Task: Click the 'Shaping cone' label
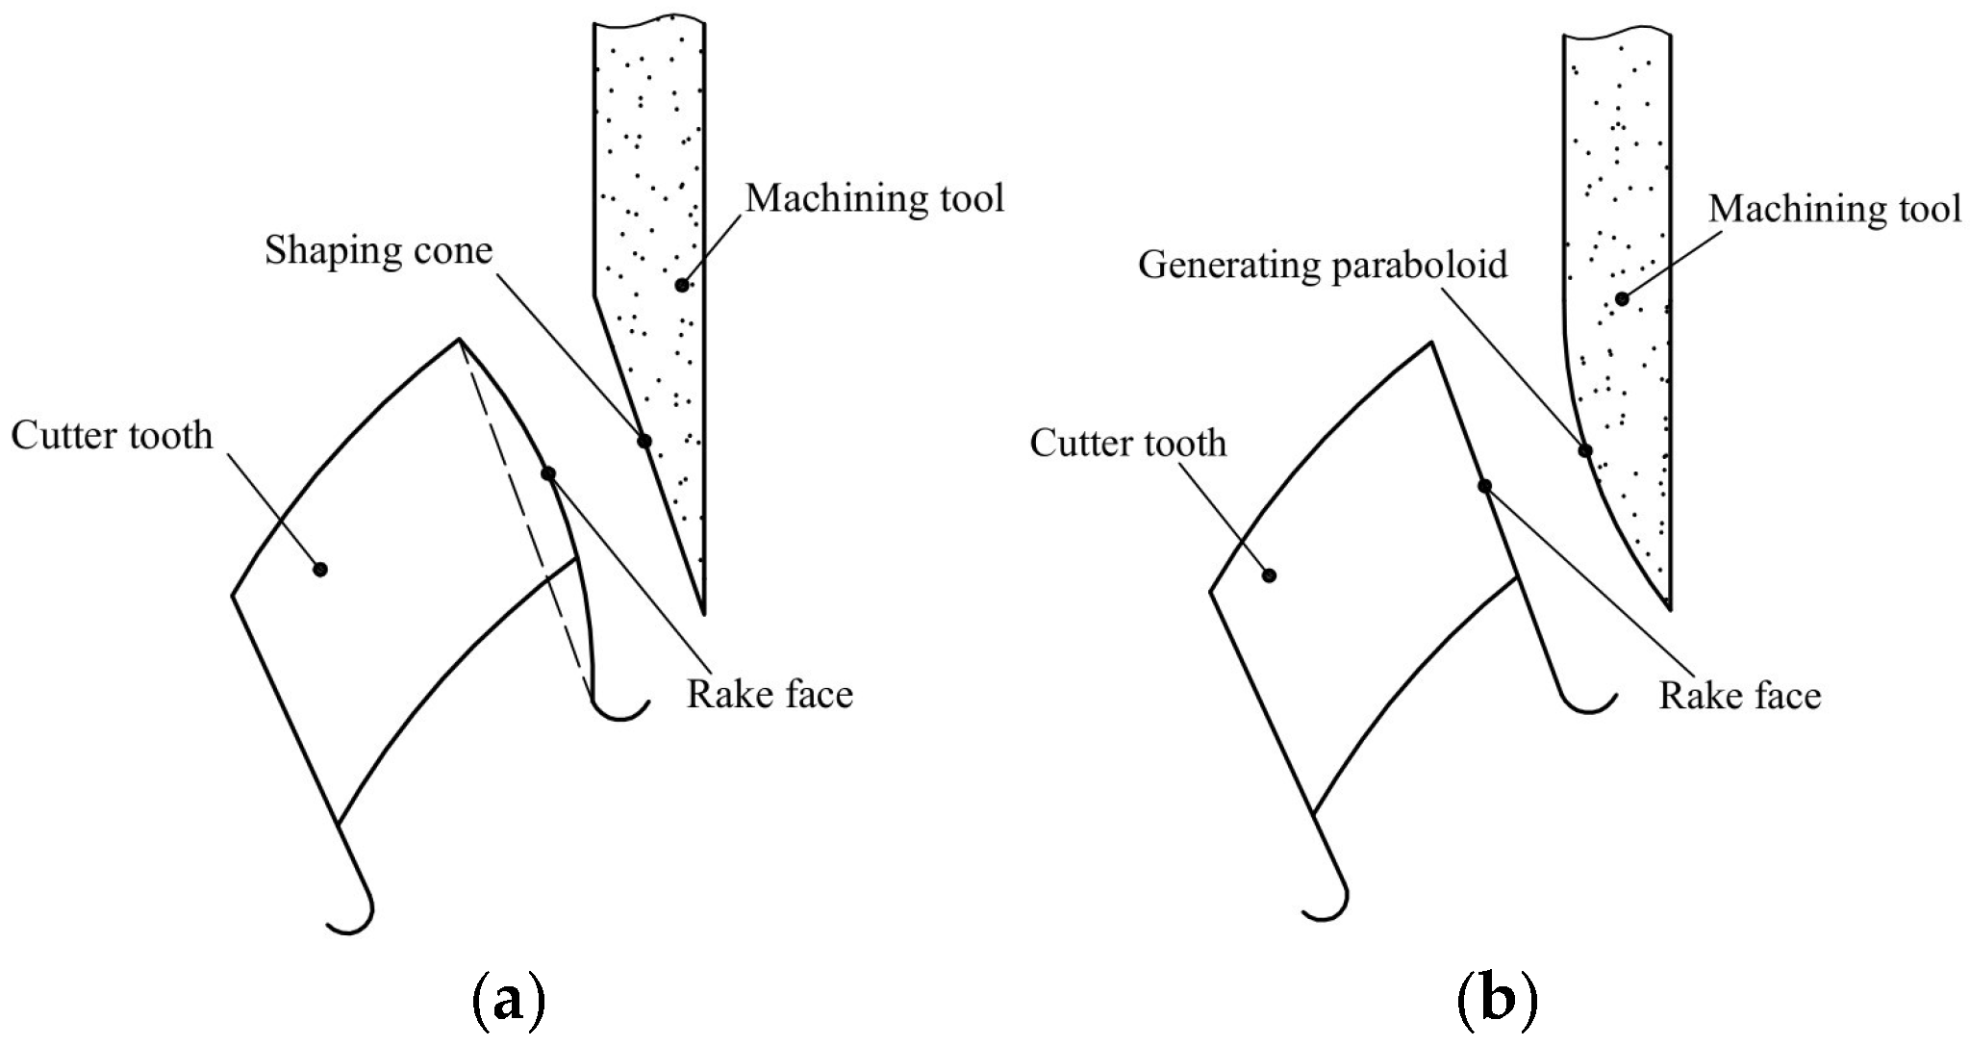378,252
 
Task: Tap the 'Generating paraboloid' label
1322,265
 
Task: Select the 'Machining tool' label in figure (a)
874,199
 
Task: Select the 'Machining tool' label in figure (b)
1834,209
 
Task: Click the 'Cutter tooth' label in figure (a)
112,436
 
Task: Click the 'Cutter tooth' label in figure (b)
1127,444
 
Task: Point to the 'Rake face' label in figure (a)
770,694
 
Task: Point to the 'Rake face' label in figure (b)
1739,696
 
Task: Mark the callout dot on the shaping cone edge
644,442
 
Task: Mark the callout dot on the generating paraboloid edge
1585,450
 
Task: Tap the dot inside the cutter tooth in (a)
320,570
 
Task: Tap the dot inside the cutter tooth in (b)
1269,575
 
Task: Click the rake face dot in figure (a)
548,473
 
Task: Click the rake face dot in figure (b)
1484,486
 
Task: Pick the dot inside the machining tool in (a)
681,285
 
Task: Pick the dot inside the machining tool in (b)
1622,299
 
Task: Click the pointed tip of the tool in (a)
703,612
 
